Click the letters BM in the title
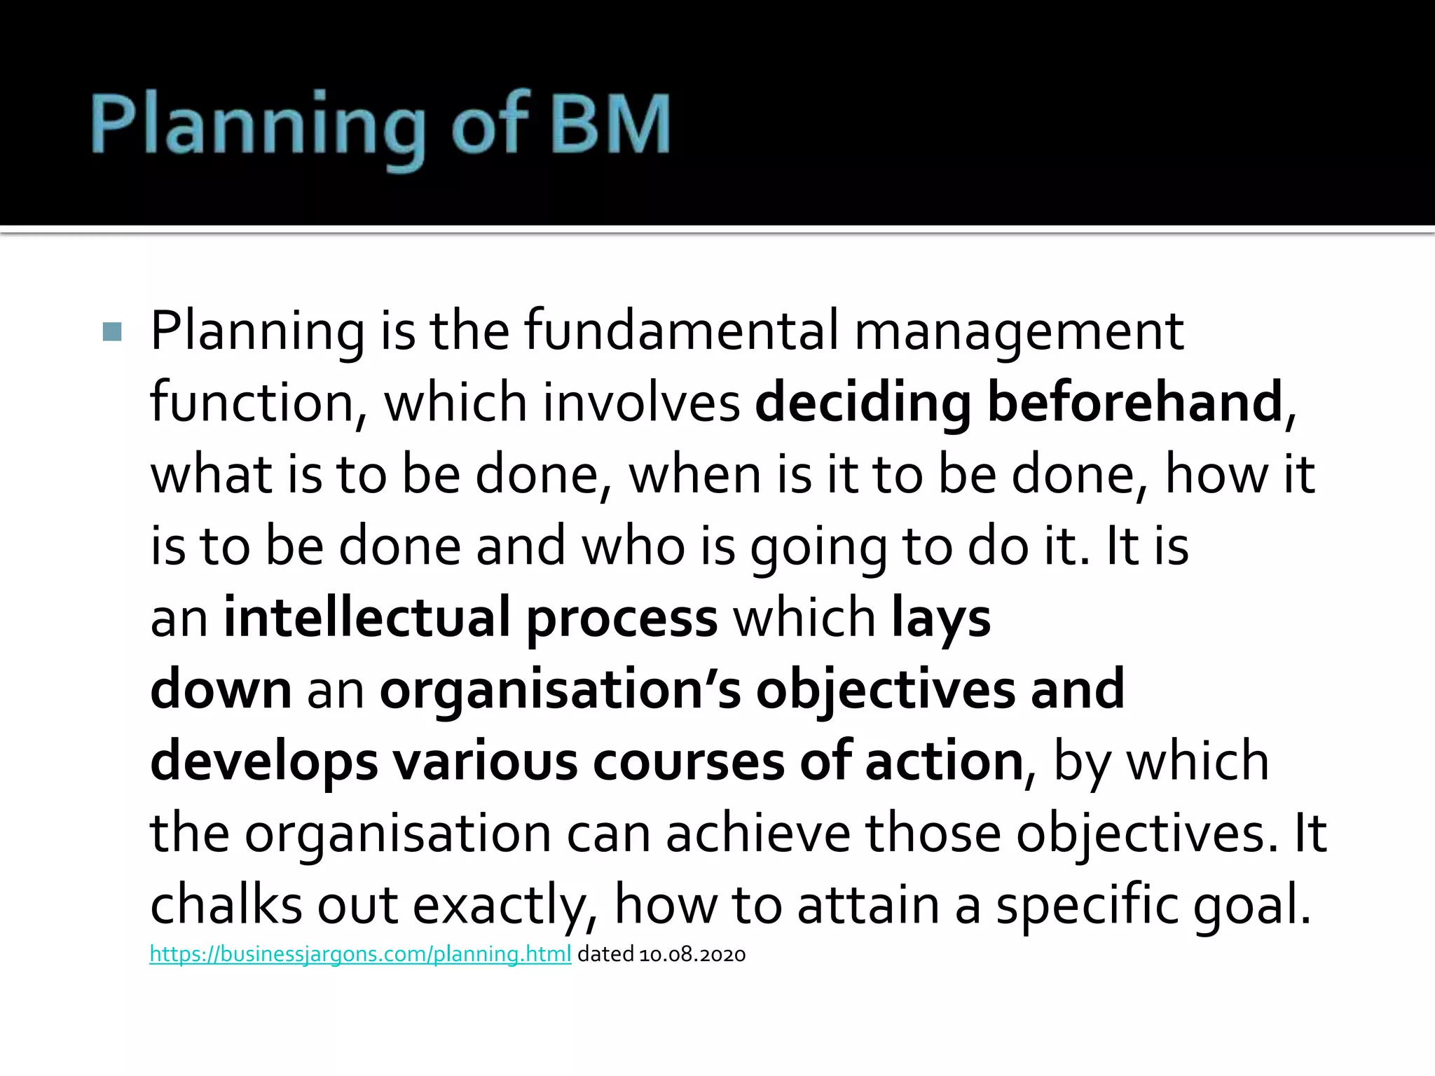(610, 125)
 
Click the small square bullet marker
(112, 331)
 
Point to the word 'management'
(1019, 331)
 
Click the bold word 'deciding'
(863, 403)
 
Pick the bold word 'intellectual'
(366, 617)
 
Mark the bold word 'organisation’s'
(560, 691)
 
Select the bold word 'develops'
(264, 762)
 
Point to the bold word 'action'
(945, 762)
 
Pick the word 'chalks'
(226, 905)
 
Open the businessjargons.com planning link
(360, 954)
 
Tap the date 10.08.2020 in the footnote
(692, 954)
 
